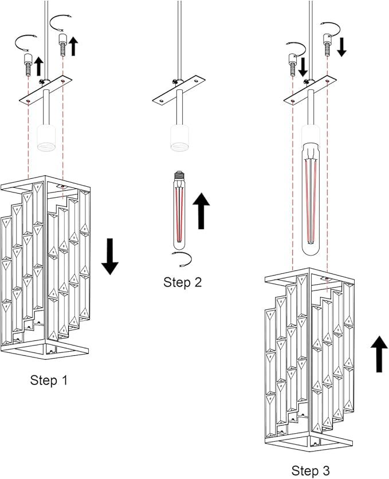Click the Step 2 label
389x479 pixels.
click(x=182, y=282)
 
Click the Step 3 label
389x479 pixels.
click(x=311, y=471)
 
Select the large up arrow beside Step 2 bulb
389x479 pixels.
click(x=201, y=210)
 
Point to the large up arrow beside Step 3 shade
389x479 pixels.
click(x=378, y=354)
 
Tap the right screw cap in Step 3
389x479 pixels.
click(x=328, y=44)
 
